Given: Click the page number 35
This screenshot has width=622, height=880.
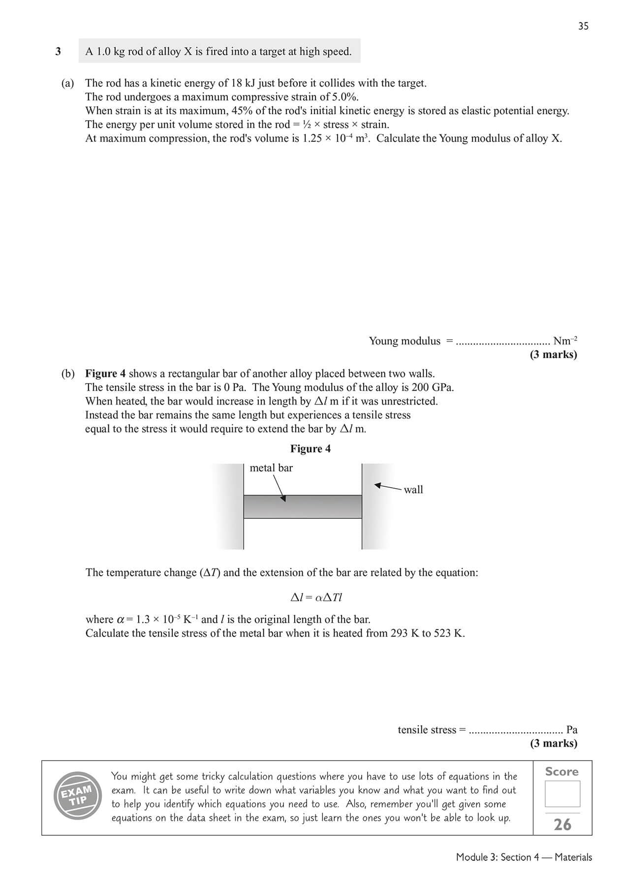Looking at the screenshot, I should [583, 26].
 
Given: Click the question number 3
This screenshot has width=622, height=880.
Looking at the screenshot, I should [58, 51].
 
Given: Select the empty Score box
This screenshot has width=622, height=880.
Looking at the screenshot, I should [562, 793].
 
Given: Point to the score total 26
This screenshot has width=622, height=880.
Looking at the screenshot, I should [562, 824].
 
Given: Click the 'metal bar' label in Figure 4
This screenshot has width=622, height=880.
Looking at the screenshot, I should [271, 468].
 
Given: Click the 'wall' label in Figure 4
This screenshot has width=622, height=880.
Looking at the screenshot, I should [413, 489].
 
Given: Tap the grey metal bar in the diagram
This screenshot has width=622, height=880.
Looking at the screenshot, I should [303, 507].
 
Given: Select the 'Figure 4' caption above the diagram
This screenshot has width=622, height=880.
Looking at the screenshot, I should [311, 448].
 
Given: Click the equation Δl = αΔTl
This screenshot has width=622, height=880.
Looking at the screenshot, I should [316, 597].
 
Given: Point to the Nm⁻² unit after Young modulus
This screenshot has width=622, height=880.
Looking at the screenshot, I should [565, 341].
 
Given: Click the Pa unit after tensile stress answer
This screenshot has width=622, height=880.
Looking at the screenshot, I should [572, 729].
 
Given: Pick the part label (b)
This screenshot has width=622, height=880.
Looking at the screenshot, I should [68, 374].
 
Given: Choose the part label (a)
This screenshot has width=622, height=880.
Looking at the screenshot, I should [68, 83].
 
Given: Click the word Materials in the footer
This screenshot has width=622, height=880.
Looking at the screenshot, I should [573, 857].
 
